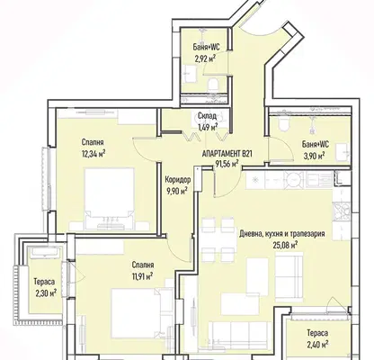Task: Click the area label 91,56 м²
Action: [227, 163]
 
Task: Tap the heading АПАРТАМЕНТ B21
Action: [227, 154]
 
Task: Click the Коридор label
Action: [178, 180]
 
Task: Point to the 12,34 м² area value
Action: [93, 154]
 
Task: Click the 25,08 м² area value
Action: [285, 245]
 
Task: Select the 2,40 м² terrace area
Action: [316, 343]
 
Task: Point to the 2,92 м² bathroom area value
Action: [206, 58]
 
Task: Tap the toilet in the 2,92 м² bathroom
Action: [213, 84]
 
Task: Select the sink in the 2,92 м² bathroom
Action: [190, 74]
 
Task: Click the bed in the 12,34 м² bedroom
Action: [109, 200]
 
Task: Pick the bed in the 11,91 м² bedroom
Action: [136, 313]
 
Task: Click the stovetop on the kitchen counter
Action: [341, 211]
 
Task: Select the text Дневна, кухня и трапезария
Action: [282, 234]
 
